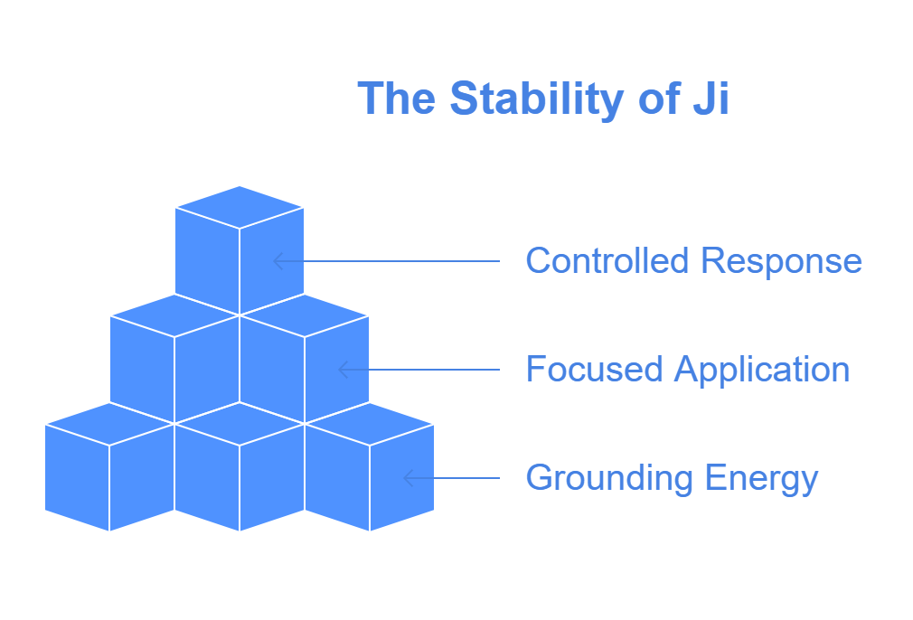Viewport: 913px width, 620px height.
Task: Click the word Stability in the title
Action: (x=535, y=99)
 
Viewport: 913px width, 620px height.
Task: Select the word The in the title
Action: (x=397, y=98)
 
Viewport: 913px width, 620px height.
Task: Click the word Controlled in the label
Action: (x=607, y=260)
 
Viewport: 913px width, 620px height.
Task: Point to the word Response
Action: (x=781, y=263)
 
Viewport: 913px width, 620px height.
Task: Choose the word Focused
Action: (x=594, y=369)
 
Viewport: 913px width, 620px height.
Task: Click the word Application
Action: (x=762, y=371)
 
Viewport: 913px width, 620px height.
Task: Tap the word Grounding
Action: (x=609, y=480)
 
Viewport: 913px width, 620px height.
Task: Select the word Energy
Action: (x=762, y=480)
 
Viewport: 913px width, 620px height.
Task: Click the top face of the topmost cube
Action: (x=240, y=207)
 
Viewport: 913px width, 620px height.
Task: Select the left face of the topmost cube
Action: (x=207, y=261)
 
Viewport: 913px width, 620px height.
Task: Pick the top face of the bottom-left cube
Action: (x=109, y=425)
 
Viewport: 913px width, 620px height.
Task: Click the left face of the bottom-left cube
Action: (x=77, y=478)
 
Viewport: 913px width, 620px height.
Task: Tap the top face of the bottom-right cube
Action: (x=370, y=425)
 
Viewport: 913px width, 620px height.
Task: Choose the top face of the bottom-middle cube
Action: (x=240, y=425)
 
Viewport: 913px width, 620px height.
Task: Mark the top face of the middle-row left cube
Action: (x=174, y=315)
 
